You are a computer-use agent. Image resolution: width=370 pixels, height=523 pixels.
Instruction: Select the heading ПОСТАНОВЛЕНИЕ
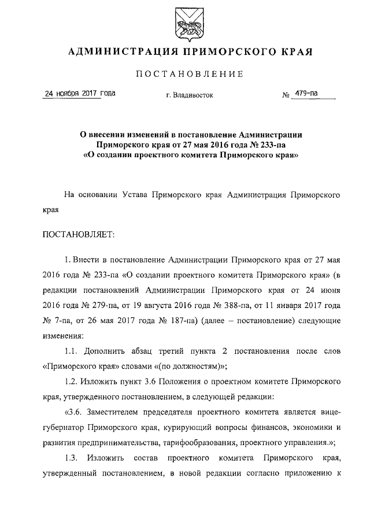click(x=185, y=74)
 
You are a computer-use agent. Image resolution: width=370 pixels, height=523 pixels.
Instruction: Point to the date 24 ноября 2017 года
click(x=72, y=94)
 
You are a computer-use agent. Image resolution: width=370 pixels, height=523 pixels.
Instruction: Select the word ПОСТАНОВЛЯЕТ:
click(x=79, y=235)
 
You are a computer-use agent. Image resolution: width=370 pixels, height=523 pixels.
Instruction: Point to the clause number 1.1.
click(x=72, y=351)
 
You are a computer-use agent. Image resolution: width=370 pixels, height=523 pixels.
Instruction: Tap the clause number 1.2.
click(x=72, y=382)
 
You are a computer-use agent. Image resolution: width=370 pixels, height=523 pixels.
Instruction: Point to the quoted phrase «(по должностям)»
click(x=191, y=366)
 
